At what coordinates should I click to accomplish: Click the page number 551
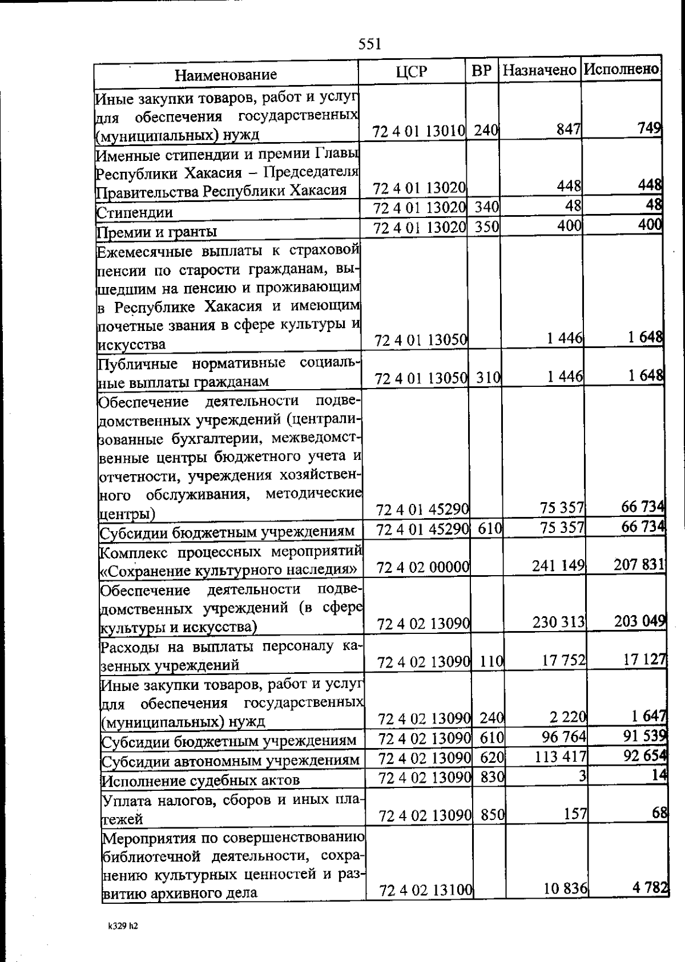point(370,44)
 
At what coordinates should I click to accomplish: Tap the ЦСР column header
point(411,72)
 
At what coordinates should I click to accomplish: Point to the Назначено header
point(539,71)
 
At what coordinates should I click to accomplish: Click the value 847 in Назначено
point(569,130)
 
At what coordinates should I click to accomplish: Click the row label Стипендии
point(135,213)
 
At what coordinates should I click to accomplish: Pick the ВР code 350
point(487,228)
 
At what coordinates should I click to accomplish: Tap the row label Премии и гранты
point(157,232)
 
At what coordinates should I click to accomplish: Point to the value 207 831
point(639,564)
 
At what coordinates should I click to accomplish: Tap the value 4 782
point(650,888)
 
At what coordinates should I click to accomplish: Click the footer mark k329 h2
point(123,926)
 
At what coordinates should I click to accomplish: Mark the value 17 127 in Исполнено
point(644,659)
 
